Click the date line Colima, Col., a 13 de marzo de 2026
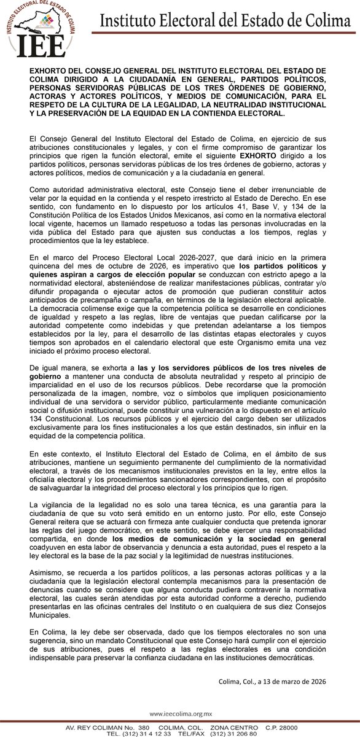click(272, 680)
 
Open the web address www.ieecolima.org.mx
click(181, 714)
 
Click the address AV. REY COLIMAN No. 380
click(101, 728)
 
